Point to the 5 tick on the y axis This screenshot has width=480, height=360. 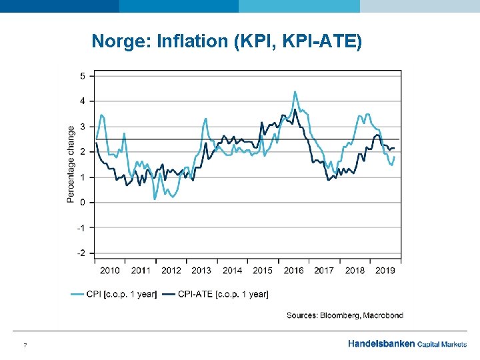coord(83,76)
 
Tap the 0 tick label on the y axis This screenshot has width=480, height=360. coord(83,203)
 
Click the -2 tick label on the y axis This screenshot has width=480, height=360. coord(81,253)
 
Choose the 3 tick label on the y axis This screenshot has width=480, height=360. coord(83,127)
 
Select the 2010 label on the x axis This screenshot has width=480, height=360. coord(110,270)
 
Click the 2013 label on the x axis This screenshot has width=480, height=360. coord(201,270)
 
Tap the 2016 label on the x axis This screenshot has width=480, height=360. coord(293,270)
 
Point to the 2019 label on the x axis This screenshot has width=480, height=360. coord(385,270)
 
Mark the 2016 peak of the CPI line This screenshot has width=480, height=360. coord(295,92)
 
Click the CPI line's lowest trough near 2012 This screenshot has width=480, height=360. coord(155,198)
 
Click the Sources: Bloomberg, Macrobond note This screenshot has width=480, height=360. coord(345,315)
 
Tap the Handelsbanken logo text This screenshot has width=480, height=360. coord(381,345)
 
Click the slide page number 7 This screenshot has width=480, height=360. coord(25,345)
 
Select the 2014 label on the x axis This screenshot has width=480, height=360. coord(232,270)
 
